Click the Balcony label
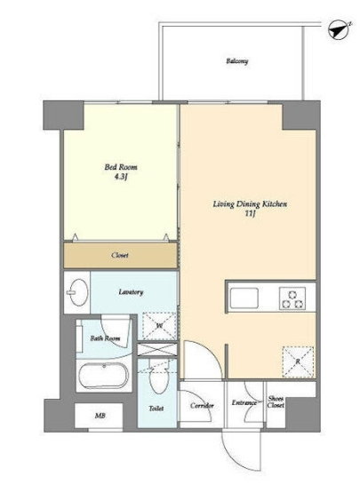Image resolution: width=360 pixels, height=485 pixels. click(x=237, y=61)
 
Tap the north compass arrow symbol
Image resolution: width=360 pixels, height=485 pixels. click(x=340, y=29)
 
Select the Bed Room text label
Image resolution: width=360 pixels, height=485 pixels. click(x=121, y=167)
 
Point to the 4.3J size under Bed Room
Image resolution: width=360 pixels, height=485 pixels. click(x=121, y=178)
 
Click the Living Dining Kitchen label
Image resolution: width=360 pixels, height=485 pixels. click(x=250, y=204)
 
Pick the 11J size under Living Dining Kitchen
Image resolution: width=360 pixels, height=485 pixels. click(x=250, y=214)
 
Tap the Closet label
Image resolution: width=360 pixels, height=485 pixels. click(x=120, y=256)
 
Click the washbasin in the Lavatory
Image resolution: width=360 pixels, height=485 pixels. click(x=76, y=292)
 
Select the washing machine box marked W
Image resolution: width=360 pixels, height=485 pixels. click(x=159, y=326)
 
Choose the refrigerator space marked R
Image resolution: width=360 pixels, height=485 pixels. click(x=298, y=362)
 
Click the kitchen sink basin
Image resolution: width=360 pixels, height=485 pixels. click(x=244, y=298)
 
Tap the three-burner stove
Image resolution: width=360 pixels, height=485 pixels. click(x=292, y=298)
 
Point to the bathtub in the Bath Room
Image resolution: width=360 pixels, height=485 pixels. click(x=103, y=376)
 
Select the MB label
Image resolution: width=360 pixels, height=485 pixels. click(x=100, y=416)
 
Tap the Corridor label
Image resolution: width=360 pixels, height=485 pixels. click(x=202, y=406)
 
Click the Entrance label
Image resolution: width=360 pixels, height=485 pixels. click(x=244, y=402)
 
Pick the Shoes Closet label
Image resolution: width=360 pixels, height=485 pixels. click(x=276, y=402)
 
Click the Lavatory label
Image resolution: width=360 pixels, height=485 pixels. click(x=131, y=292)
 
